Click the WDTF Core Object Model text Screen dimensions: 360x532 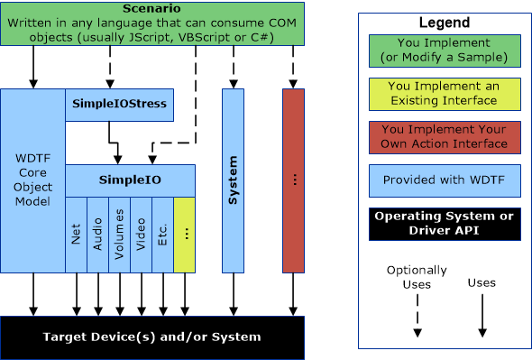33,180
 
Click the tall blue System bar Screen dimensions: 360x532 233,180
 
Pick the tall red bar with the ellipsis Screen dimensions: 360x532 293,180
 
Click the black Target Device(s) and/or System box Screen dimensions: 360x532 151,337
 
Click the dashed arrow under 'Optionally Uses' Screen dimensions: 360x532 417,316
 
